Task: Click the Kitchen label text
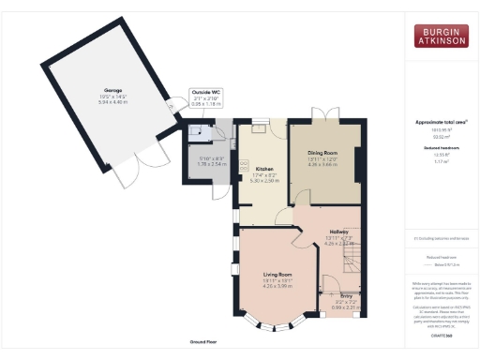coord(263,169)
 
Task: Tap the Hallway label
coord(338,232)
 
